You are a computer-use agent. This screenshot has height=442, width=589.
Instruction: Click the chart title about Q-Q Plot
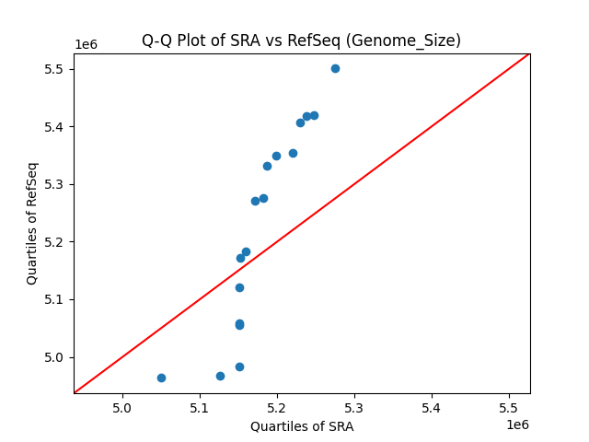tap(301, 41)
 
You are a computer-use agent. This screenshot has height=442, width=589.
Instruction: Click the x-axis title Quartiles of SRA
tap(301, 426)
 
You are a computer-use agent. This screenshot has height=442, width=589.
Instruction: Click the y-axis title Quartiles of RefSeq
tap(32, 223)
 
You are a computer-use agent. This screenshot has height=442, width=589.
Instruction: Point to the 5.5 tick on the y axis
tap(56, 69)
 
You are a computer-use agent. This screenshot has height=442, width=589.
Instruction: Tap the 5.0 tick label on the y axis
tap(56, 357)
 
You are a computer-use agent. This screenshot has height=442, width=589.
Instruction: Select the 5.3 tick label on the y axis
tap(56, 184)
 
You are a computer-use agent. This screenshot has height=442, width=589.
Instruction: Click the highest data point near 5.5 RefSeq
tap(335, 68)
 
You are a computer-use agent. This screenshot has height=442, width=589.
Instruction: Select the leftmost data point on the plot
tap(161, 378)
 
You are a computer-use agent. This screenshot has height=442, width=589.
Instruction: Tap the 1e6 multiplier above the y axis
tap(86, 44)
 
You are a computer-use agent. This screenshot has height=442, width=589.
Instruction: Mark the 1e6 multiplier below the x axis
tap(516, 425)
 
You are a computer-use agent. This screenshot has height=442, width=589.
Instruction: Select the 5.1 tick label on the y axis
tap(56, 299)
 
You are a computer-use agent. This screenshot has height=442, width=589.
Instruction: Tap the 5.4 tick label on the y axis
tap(56, 126)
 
